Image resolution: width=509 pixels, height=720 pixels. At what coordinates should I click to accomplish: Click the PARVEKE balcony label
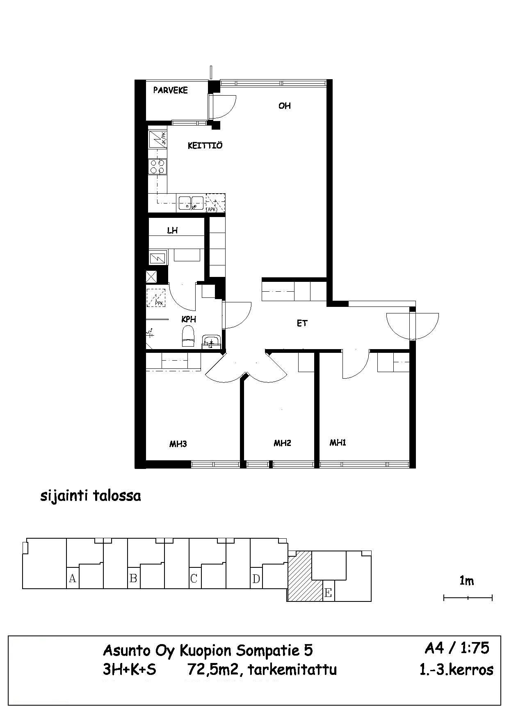170,90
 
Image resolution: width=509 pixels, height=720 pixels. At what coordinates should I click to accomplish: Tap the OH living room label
284,106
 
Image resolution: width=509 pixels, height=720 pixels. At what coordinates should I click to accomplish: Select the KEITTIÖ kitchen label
205,146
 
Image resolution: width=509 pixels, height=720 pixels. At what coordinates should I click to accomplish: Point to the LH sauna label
172,231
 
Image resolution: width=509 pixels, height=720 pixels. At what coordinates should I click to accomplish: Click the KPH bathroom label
189,319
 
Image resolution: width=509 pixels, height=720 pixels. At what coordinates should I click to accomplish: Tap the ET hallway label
302,323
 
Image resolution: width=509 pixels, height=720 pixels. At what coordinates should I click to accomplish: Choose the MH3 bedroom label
178,443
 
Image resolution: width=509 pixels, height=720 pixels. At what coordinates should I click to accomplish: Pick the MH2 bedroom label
282,443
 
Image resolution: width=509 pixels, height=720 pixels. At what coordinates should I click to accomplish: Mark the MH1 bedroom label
338,443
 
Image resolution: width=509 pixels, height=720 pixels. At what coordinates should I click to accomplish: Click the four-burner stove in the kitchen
157,167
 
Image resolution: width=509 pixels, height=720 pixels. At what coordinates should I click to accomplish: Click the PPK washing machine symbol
156,298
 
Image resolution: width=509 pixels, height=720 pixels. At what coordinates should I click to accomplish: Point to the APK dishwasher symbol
215,203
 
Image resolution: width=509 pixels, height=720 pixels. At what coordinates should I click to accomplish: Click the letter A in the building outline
73,578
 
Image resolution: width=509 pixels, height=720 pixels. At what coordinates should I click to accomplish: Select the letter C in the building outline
194,578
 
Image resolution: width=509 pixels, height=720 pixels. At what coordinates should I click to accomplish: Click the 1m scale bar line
468,598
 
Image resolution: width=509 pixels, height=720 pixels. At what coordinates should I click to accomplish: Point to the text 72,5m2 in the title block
213,670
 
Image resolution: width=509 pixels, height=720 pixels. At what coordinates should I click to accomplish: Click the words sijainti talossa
90,496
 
